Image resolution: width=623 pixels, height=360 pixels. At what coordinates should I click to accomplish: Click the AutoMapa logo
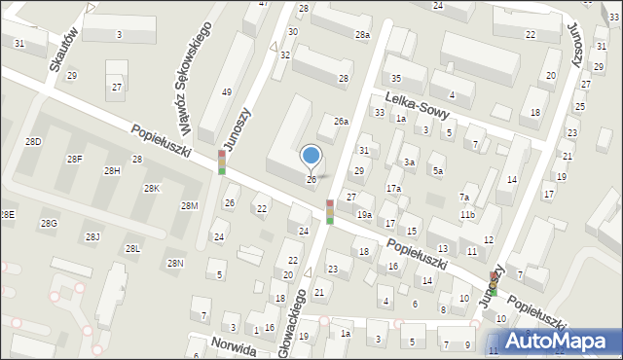click(x=559, y=340)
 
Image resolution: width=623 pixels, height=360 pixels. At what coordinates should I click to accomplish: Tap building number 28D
click(x=34, y=142)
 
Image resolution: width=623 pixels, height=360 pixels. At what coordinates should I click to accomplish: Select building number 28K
click(x=151, y=189)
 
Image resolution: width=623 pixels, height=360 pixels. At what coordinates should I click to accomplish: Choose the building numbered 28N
click(x=175, y=264)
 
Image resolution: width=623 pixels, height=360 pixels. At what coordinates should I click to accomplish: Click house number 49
click(x=227, y=92)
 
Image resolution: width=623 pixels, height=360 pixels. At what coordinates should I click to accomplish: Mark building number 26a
click(x=341, y=122)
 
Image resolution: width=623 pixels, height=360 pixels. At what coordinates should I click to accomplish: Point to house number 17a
click(x=393, y=188)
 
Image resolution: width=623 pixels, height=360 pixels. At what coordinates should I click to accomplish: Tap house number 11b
click(x=468, y=214)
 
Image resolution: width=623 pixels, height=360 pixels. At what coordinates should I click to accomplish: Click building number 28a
click(x=362, y=35)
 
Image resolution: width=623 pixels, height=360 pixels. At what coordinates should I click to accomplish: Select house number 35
click(x=395, y=78)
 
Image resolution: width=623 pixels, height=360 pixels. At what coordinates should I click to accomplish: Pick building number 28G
click(x=49, y=224)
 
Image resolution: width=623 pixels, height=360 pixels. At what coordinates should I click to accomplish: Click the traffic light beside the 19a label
click(x=330, y=209)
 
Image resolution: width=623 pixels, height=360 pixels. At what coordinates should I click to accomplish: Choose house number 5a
click(x=438, y=171)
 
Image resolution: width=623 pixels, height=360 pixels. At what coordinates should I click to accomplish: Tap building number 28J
click(x=92, y=236)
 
